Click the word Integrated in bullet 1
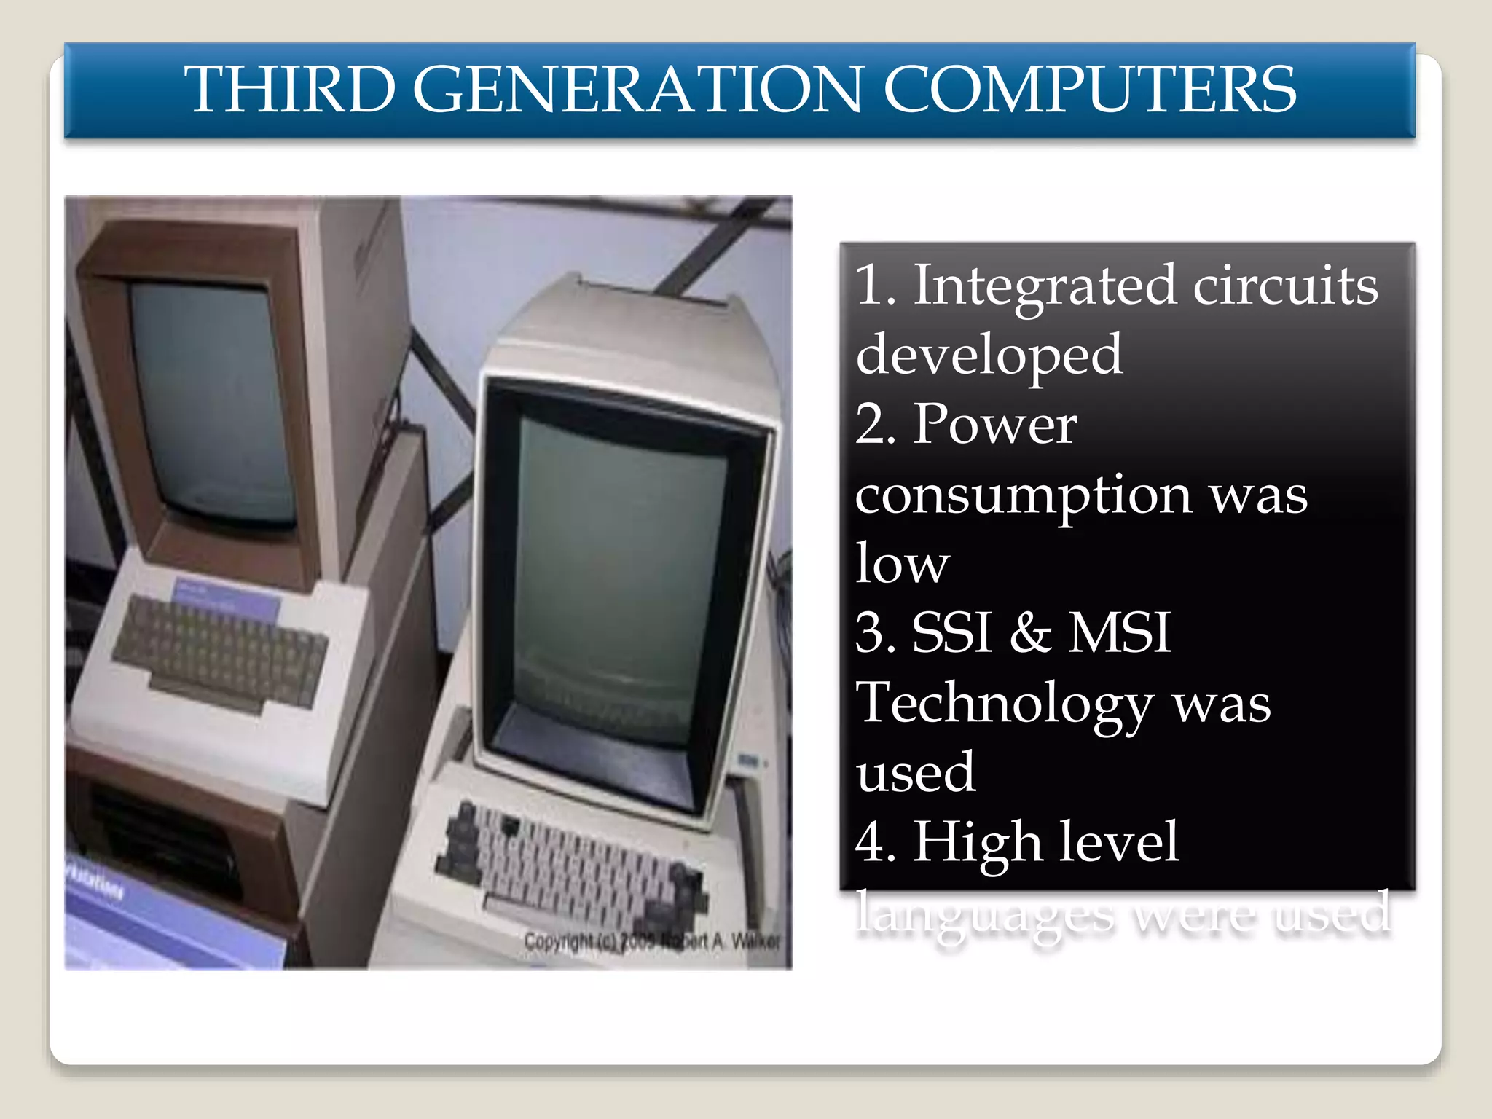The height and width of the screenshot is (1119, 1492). [x=1044, y=286]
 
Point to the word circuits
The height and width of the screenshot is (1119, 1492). [x=1285, y=286]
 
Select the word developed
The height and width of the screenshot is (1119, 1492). [x=989, y=355]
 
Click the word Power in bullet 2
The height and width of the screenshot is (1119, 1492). [x=994, y=424]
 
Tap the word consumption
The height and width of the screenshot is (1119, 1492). [x=1023, y=495]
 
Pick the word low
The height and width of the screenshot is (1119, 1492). [x=902, y=564]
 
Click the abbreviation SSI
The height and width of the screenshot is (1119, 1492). [x=951, y=632]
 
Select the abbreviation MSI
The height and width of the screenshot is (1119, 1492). [x=1119, y=632]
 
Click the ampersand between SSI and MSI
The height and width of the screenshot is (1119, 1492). [x=1030, y=632]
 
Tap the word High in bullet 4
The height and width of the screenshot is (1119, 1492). [x=977, y=842]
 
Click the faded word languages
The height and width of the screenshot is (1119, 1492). [x=984, y=914]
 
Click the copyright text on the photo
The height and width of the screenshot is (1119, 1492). [x=651, y=941]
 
